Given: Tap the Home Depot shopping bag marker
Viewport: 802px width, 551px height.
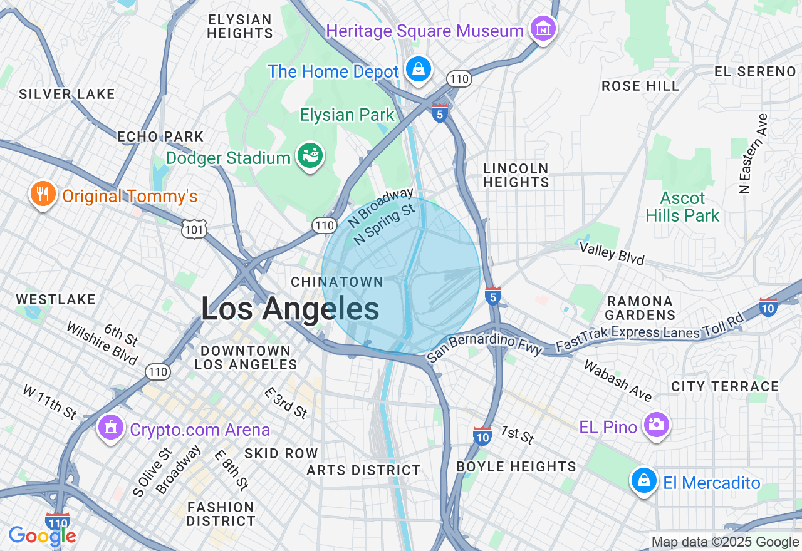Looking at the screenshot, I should click(x=418, y=69).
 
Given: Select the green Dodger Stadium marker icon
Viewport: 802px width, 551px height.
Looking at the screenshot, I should click(x=310, y=156).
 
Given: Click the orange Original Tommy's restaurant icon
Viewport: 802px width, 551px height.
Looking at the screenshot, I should click(x=43, y=195).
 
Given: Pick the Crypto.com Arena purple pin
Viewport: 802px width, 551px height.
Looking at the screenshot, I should click(x=111, y=428).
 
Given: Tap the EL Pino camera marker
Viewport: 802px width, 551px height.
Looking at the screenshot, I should click(x=656, y=425).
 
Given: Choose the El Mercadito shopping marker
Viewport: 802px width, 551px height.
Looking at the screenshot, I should click(x=643, y=481).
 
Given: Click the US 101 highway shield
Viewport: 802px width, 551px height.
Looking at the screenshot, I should click(x=194, y=230).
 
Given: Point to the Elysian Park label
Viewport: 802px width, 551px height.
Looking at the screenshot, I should click(x=347, y=115).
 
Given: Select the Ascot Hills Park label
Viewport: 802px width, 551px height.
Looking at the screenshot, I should click(x=683, y=207).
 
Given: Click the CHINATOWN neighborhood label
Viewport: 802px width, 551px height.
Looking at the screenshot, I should click(x=337, y=282).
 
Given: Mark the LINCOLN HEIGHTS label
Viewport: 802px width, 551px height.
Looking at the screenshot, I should click(x=516, y=175).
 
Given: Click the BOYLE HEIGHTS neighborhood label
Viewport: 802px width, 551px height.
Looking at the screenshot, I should click(x=516, y=466).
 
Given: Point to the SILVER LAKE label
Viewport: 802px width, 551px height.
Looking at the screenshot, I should click(x=67, y=95).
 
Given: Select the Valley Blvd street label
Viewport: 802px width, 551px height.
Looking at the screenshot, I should click(x=612, y=253).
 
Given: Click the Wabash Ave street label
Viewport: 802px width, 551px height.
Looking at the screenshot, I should click(x=618, y=380).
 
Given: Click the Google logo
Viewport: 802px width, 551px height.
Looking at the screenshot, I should click(x=43, y=536).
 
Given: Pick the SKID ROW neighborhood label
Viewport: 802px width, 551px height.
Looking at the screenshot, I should click(x=281, y=453).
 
